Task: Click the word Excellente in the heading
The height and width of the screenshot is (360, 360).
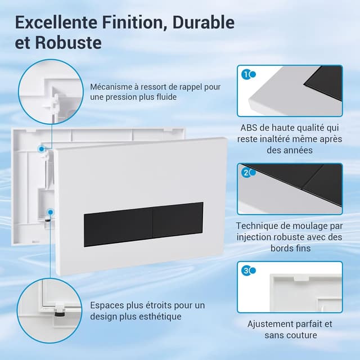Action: (56, 22)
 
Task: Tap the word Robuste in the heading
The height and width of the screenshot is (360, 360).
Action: (69, 43)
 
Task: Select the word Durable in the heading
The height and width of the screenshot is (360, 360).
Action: (204, 22)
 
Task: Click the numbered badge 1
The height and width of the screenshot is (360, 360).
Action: (246, 75)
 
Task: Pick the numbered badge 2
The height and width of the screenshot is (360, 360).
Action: (246, 173)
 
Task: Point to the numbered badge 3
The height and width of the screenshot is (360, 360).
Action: (246, 271)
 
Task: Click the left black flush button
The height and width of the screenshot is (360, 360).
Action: (118, 227)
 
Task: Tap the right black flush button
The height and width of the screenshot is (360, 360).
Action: (178, 220)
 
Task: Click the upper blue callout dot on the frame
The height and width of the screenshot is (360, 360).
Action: (41, 149)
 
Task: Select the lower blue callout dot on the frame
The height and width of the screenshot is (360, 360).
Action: (51, 212)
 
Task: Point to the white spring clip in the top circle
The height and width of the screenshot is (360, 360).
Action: (53, 103)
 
